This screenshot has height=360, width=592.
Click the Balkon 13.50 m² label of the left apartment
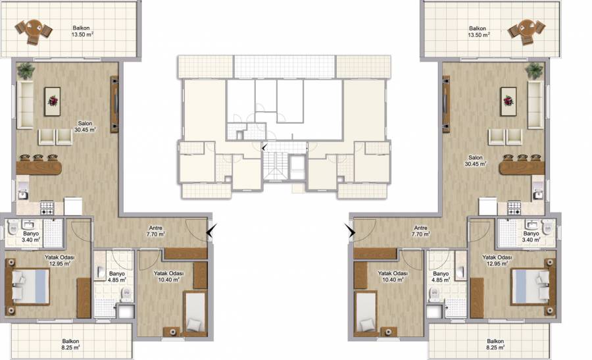click(82, 31)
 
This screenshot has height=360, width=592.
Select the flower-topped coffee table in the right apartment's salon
click(508, 101)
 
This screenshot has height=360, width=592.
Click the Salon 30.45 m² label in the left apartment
click(85, 126)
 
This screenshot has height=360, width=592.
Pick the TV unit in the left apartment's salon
click(114, 104)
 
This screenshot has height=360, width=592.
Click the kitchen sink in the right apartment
click(538, 194)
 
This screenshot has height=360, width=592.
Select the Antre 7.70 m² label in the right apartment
click(420, 231)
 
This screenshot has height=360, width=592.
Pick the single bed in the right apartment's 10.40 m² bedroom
click(366, 313)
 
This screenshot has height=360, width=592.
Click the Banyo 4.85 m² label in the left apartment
click(116, 276)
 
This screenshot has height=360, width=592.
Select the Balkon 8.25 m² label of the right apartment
click(495, 344)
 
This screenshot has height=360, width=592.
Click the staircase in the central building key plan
click(274, 166)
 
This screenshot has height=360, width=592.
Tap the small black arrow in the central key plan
click(264, 147)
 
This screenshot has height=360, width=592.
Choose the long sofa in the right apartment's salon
click(535, 105)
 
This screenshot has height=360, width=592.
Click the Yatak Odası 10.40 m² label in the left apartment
click(169, 276)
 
